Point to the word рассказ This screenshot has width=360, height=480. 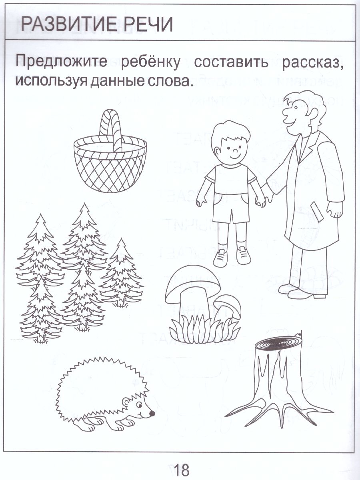[x=313, y=63]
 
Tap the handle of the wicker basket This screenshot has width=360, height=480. [x=111, y=128]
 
